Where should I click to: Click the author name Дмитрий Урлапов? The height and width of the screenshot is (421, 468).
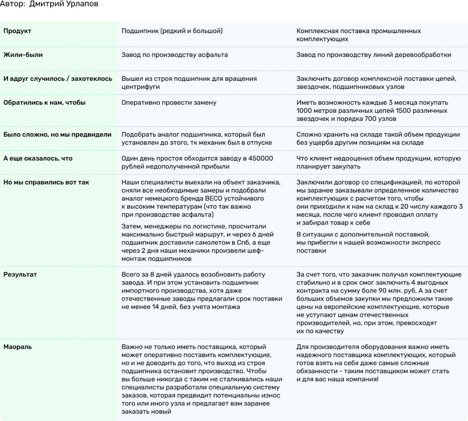[64, 4]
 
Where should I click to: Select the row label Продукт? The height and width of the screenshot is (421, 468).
[17, 31]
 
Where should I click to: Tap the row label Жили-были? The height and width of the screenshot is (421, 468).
[23, 55]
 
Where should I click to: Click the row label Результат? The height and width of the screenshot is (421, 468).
[20, 275]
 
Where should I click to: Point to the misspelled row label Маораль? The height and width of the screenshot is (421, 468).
[18, 347]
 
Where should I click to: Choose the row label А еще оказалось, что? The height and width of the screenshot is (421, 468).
[38, 158]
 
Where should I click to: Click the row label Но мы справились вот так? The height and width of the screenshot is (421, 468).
[46, 182]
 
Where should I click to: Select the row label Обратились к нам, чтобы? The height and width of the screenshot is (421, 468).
[44, 103]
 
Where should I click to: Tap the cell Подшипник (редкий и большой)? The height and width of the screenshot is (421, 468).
[172, 31]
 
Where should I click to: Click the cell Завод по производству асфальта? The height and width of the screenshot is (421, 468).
[175, 55]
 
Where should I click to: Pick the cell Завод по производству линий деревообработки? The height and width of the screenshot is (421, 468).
[374, 55]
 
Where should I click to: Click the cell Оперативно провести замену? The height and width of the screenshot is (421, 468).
[169, 103]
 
